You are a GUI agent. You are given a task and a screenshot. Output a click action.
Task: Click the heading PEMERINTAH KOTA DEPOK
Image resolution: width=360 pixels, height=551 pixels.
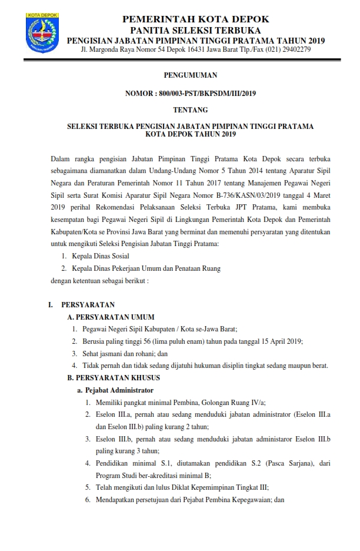tap(196, 20)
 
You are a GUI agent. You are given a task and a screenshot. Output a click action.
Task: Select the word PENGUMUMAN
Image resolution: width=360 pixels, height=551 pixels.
tap(190, 75)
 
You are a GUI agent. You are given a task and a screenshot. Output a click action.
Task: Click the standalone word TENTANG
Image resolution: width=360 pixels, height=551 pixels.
tap(190, 109)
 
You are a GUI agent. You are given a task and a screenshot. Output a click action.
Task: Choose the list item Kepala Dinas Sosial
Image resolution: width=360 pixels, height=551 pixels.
tap(101, 256)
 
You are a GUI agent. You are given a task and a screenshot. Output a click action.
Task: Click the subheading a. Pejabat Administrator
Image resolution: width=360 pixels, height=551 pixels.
tap(115, 390)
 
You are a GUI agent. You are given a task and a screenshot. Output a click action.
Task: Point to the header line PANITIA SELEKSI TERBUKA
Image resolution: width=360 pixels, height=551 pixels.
tap(196, 30)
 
